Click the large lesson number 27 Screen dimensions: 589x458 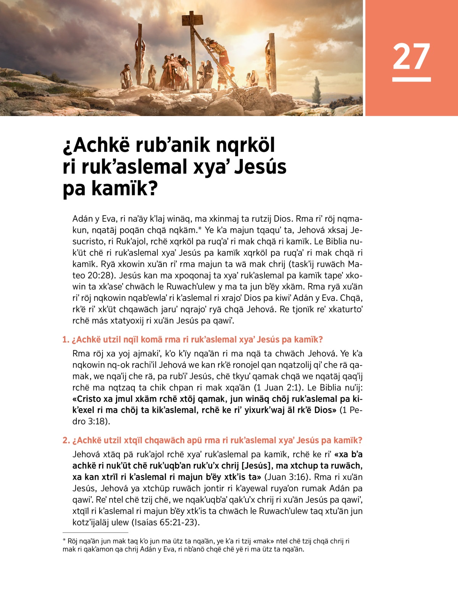point(411,56)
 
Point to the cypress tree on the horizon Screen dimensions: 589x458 point(317,90)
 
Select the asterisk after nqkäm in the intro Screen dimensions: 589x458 point(200,229)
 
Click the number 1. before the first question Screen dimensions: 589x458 point(66,340)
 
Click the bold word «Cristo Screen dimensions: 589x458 point(87,399)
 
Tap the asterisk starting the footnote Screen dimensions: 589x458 point(64,541)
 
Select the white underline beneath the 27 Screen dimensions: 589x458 point(411,79)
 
